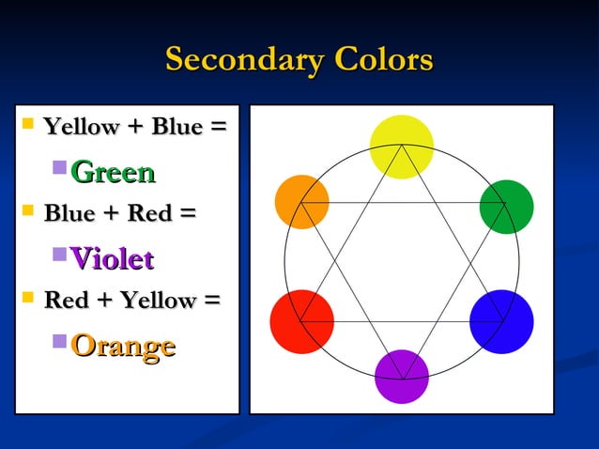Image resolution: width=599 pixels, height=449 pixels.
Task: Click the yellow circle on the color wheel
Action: tap(401, 147)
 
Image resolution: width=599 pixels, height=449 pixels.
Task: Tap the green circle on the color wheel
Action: tap(506, 207)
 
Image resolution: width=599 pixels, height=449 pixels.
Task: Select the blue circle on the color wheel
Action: tap(501, 321)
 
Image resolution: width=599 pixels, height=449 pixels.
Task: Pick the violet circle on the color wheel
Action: tap(402, 376)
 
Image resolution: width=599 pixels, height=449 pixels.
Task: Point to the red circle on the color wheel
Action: tap(302, 321)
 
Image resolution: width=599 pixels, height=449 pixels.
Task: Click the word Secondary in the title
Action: tap(241, 59)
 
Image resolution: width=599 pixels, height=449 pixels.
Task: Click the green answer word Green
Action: tap(113, 172)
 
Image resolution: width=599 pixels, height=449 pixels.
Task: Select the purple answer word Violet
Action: tap(112, 258)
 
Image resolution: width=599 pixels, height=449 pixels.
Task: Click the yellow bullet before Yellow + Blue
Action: tap(27, 123)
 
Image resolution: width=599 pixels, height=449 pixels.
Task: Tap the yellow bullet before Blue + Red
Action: tap(27, 210)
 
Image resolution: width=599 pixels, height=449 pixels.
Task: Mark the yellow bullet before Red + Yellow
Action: tap(27, 298)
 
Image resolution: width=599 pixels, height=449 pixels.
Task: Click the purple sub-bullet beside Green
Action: tap(59, 169)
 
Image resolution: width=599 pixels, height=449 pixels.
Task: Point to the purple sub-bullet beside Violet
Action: tap(59, 255)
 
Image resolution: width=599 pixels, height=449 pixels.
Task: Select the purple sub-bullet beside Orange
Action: tap(59, 341)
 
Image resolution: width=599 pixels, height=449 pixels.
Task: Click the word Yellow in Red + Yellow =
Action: tap(152, 301)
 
